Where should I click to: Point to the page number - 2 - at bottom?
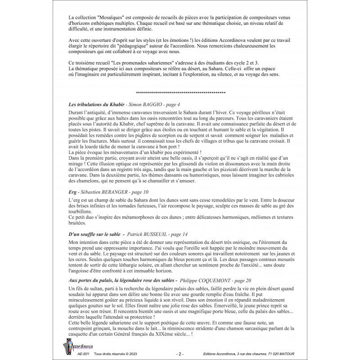[179, 355]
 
